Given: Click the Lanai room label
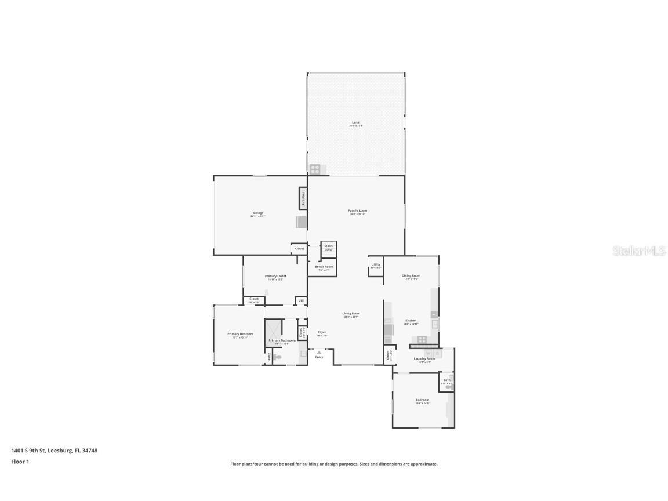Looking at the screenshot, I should click(x=355, y=122).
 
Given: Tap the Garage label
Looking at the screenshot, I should click(x=257, y=213).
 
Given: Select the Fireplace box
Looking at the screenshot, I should click(x=303, y=198).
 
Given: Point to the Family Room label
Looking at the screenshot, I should click(x=357, y=210).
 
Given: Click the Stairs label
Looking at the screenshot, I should click(x=328, y=246).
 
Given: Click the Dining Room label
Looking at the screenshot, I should click(x=411, y=275).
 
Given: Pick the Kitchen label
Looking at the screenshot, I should click(x=411, y=321).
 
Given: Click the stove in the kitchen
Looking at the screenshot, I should click(x=422, y=339).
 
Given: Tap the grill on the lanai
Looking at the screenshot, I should click(x=314, y=169).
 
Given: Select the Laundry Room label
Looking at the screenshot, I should click(x=424, y=359).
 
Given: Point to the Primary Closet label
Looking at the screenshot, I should click(x=275, y=276).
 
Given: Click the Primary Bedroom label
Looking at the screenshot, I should click(x=240, y=334).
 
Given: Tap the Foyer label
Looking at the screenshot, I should click(x=322, y=332).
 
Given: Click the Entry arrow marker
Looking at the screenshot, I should click(x=319, y=353).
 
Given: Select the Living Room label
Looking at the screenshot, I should click(x=351, y=314).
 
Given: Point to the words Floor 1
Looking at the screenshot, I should click(x=20, y=462).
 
